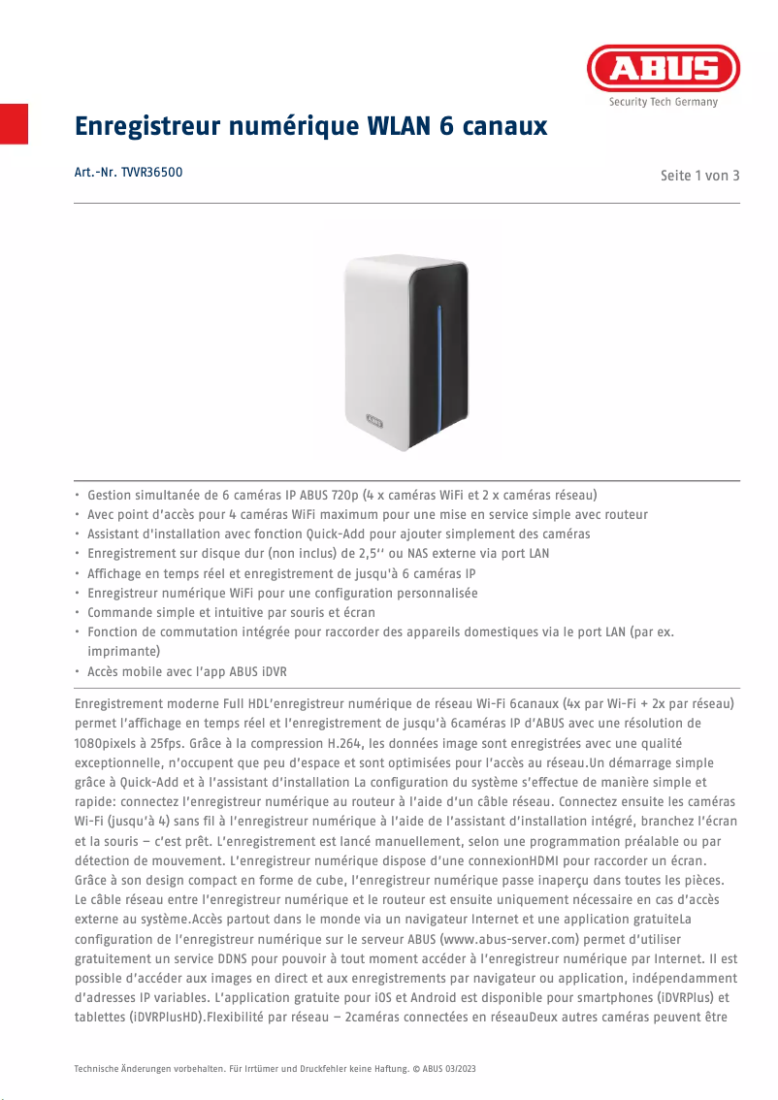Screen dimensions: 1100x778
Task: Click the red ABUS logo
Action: pyautogui.click(x=664, y=69)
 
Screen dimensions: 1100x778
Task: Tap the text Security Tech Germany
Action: pyautogui.click(x=664, y=102)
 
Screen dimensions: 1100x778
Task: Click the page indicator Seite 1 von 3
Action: pyautogui.click(x=699, y=176)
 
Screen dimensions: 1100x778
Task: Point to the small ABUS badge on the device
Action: pyautogui.click(x=374, y=421)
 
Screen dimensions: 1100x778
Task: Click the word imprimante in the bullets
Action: pyautogui.click(x=123, y=651)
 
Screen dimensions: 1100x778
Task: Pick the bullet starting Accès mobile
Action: pyautogui.click(x=184, y=671)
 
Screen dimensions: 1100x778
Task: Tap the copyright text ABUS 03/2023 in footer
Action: pyautogui.click(x=447, y=1068)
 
